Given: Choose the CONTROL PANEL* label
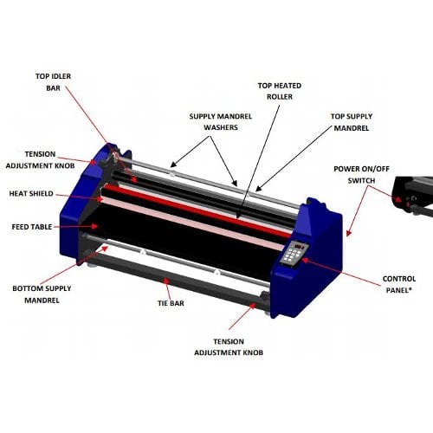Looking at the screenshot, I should point(401,285).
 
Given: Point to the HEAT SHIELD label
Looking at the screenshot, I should point(31,194).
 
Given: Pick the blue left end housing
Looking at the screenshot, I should point(82,208).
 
